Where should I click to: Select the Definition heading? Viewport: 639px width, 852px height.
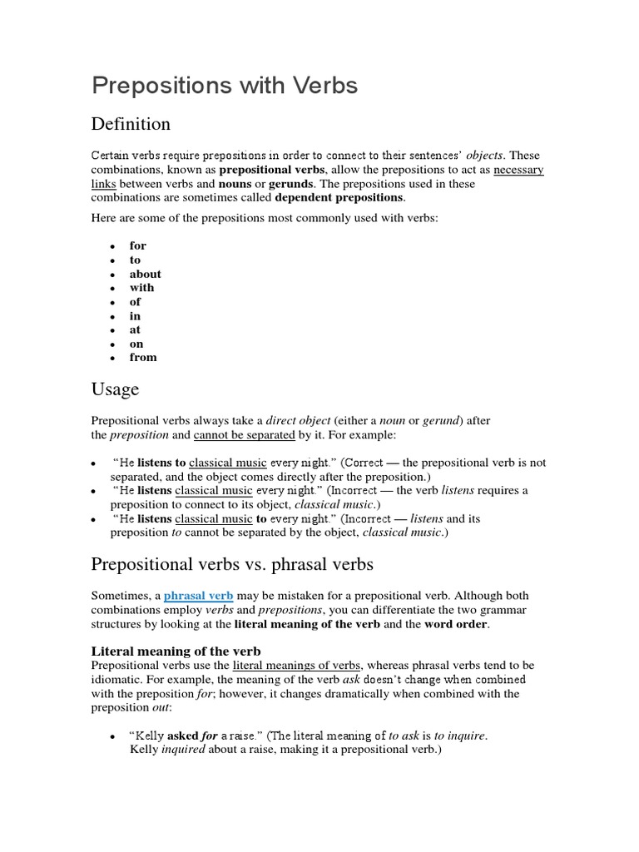click(x=131, y=124)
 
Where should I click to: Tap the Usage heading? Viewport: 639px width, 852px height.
click(x=115, y=389)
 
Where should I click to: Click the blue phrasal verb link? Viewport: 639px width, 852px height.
click(x=199, y=596)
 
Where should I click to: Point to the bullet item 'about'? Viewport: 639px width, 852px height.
click(x=145, y=274)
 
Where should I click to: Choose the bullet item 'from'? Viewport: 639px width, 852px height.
click(x=143, y=357)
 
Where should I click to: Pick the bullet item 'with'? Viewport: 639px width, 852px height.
click(x=141, y=288)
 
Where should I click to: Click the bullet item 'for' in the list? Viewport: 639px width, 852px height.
click(x=137, y=245)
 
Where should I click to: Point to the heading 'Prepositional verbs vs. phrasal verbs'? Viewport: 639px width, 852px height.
click(x=232, y=564)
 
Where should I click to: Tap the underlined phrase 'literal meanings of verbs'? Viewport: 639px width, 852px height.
click(x=296, y=666)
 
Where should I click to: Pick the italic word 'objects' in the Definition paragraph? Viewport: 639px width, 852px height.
click(x=484, y=156)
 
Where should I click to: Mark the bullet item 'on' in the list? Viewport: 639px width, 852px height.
click(x=136, y=344)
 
